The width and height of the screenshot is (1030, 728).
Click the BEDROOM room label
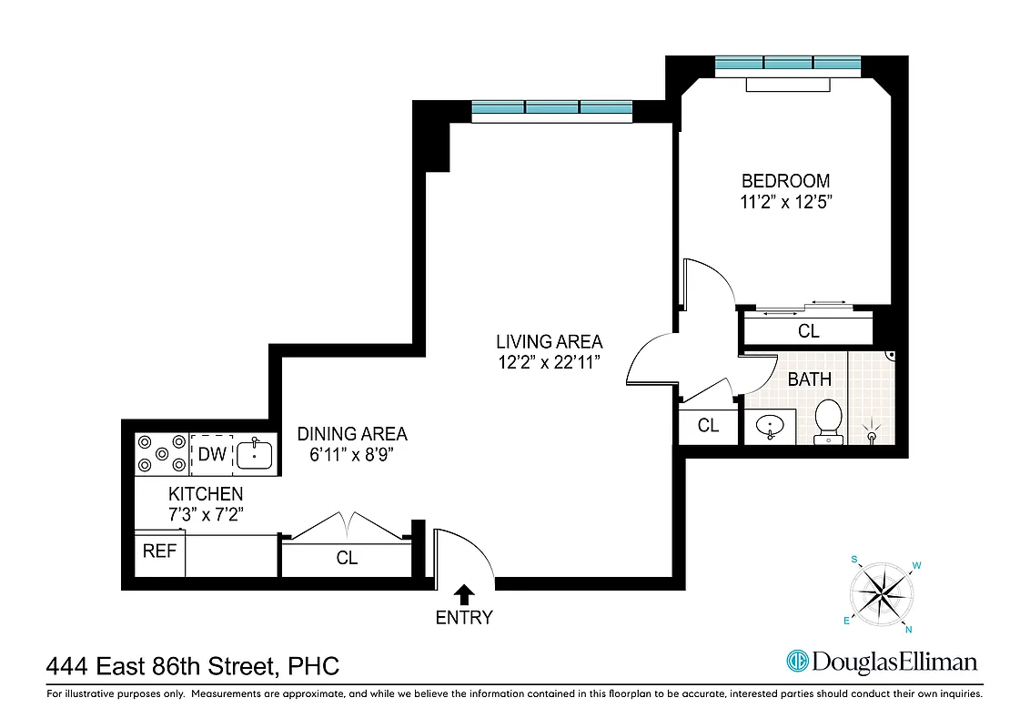[x=785, y=180]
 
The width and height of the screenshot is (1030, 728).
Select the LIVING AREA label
[x=549, y=342]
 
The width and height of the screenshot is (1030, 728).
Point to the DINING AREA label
[x=352, y=434]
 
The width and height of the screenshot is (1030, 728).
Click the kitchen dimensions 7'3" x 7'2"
[x=206, y=514]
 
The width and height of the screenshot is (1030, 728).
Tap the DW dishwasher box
[x=211, y=454]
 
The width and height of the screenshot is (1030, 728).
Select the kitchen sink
[x=254, y=453]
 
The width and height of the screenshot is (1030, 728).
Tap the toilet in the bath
[x=828, y=420]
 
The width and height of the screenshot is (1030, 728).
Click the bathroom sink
[x=770, y=427]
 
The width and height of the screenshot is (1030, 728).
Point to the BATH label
[x=809, y=379]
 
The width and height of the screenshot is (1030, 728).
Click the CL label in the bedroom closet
[x=808, y=331]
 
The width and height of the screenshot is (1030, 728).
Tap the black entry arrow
[x=464, y=594]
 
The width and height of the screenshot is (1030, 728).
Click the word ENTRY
[x=464, y=618]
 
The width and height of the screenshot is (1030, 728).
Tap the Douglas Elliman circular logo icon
[x=798, y=662]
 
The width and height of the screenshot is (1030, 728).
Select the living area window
[x=552, y=109]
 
